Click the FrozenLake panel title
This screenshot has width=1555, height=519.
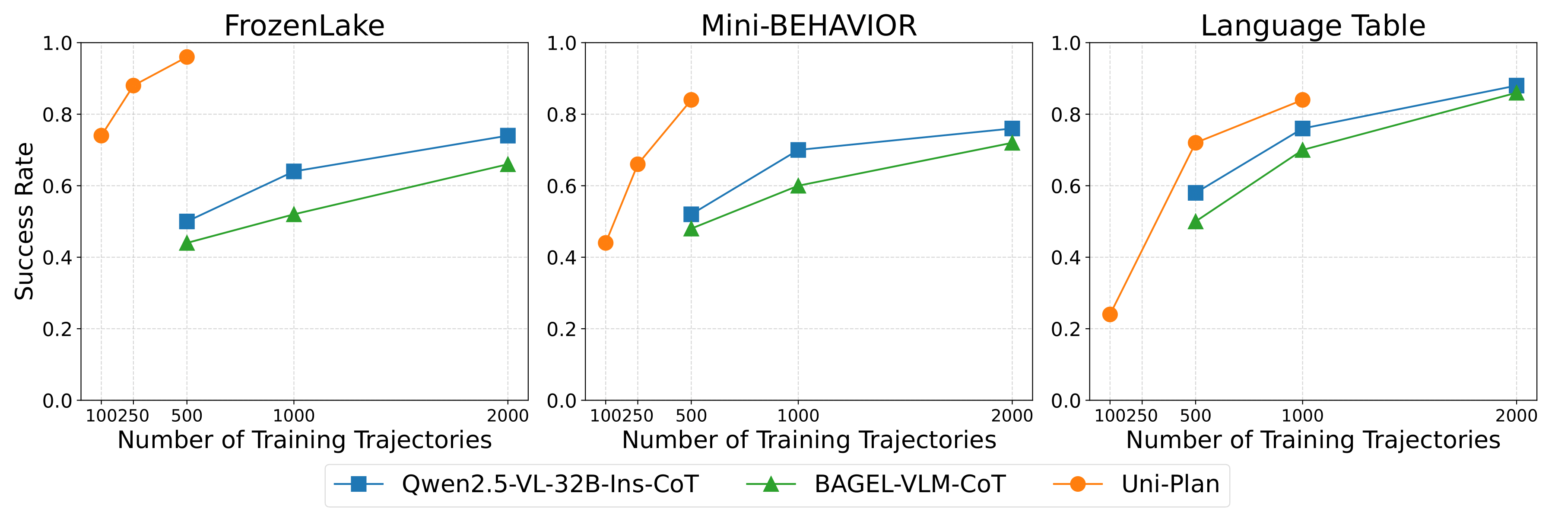coord(304,26)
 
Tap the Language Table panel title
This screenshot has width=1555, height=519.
coord(1313,26)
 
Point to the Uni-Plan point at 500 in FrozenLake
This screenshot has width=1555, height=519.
coord(187,57)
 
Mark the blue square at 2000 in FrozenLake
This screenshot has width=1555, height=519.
coord(508,135)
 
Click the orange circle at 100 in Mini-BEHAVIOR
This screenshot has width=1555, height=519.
coord(606,243)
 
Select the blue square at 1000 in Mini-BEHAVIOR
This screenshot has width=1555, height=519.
coord(798,150)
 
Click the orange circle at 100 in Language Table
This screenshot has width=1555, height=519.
coord(1110,314)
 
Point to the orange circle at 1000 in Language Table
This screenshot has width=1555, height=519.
coord(1302,100)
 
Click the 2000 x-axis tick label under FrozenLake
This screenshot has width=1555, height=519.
coord(508,416)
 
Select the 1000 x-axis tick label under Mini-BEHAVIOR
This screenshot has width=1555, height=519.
coord(798,416)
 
